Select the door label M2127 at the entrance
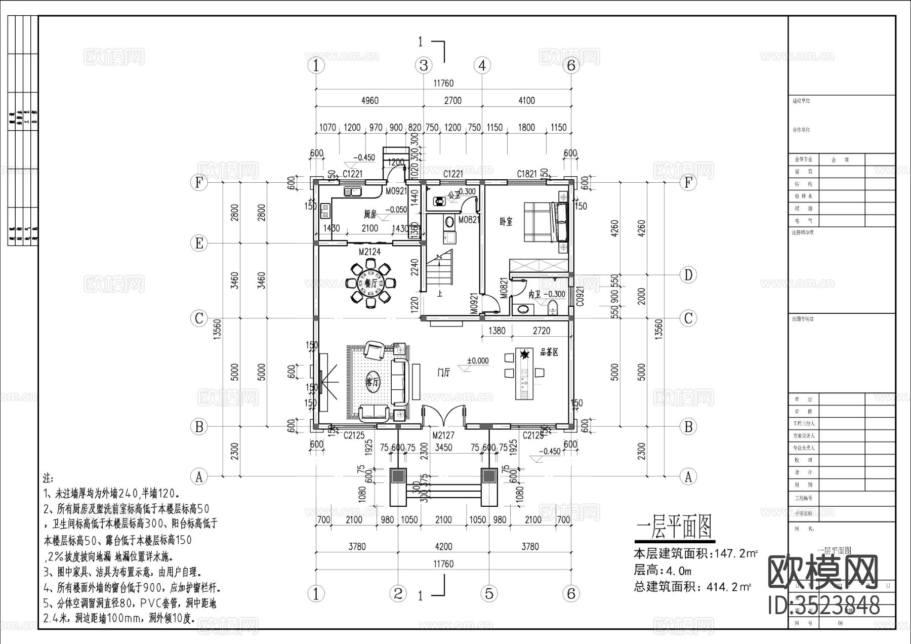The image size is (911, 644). click(443, 435)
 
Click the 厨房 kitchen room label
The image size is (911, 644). click(370, 214)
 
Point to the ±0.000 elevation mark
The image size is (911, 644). click(478, 361)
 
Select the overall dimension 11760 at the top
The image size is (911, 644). click(443, 83)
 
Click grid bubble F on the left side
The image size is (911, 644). click(199, 183)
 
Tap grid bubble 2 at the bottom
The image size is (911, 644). click(398, 593)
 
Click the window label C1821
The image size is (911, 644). click(527, 174)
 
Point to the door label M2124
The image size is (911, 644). click(369, 251)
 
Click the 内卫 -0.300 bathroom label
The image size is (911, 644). click(547, 294)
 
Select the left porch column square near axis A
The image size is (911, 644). click(398, 476)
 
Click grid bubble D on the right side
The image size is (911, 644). click(688, 275)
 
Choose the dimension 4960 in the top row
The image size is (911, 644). click(369, 100)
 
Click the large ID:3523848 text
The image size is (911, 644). click(824, 605)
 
